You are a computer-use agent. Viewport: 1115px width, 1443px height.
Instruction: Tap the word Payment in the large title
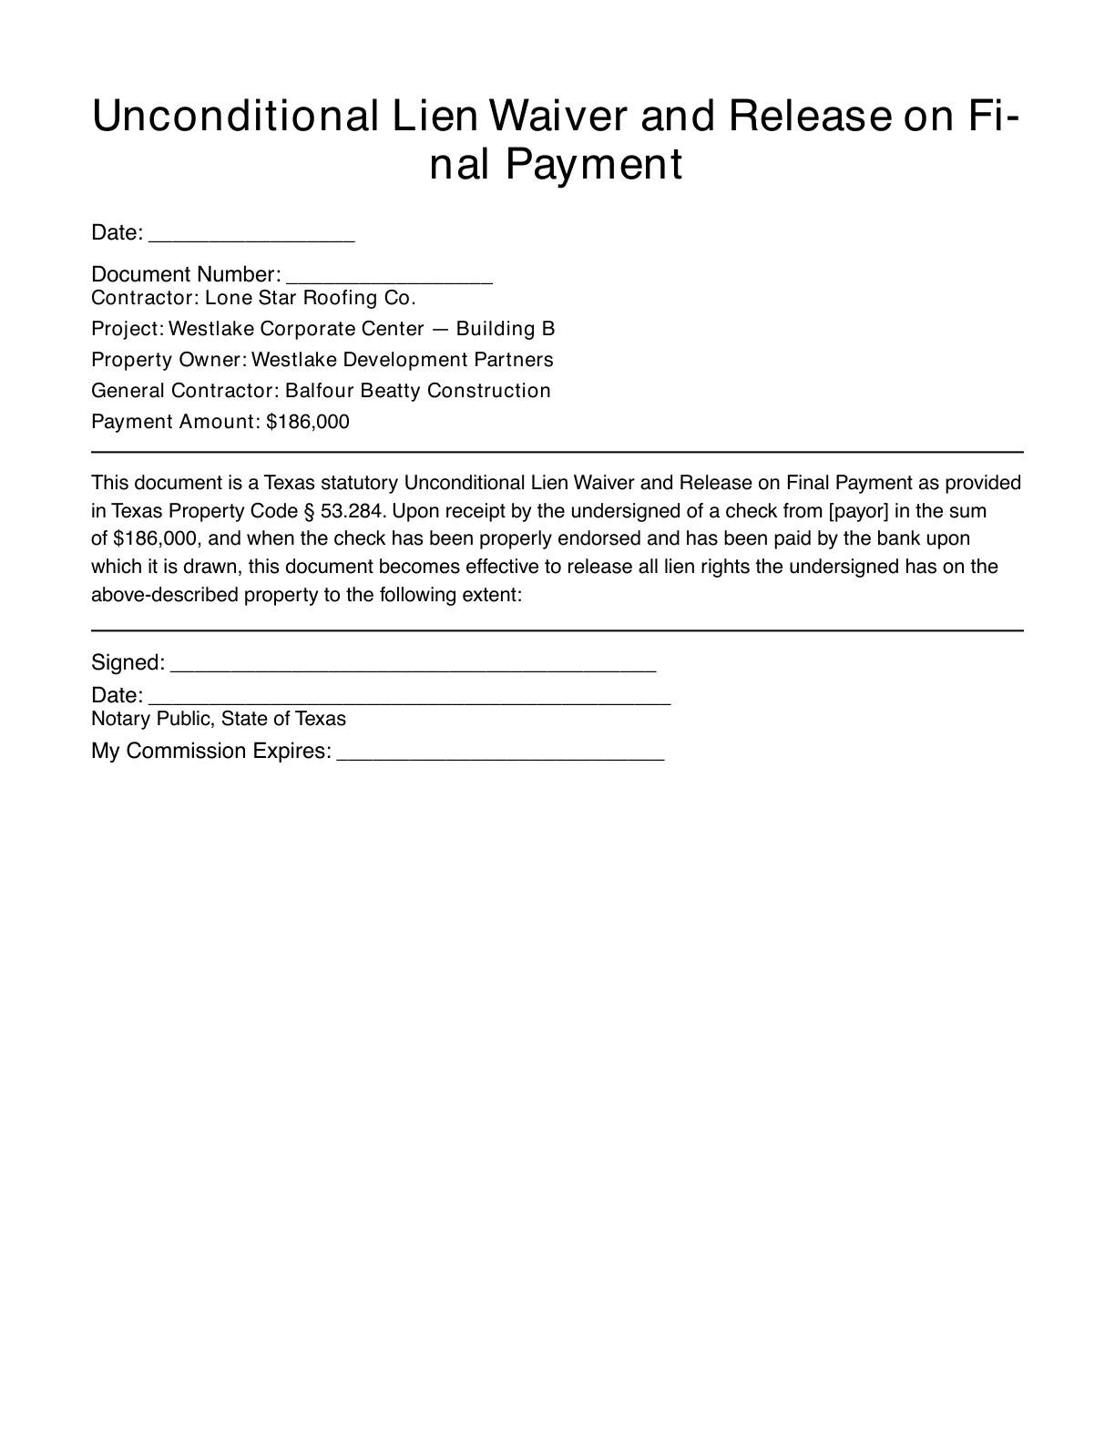click(592, 165)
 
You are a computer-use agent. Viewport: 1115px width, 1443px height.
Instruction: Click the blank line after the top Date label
click(251, 235)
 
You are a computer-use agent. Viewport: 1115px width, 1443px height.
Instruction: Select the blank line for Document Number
click(389, 277)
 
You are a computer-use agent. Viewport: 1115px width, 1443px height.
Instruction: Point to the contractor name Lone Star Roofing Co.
click(310, 298)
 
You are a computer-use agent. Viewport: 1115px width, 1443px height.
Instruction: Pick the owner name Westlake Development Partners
click(402, 360)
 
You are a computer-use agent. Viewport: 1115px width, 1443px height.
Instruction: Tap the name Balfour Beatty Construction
click(417, 391)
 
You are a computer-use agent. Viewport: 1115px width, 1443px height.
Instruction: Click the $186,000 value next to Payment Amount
click(308, 422)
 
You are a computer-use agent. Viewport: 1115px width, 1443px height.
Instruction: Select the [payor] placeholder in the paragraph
click(858, 510)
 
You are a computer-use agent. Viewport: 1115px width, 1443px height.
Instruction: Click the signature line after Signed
click(413, 665)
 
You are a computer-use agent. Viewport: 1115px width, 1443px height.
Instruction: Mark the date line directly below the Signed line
click(409, 698)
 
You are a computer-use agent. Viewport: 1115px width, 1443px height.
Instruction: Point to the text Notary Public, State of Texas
click(219, 719)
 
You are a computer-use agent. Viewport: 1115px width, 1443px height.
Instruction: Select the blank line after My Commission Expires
click(500, 753)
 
